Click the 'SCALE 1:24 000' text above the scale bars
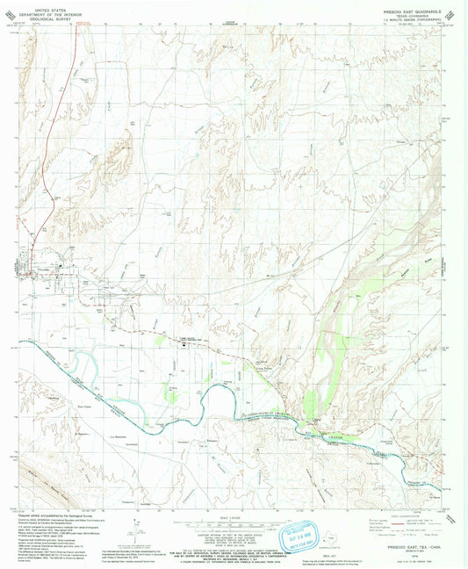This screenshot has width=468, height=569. click(x=232, y=516)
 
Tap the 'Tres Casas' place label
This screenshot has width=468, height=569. click(x=84, y=407)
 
